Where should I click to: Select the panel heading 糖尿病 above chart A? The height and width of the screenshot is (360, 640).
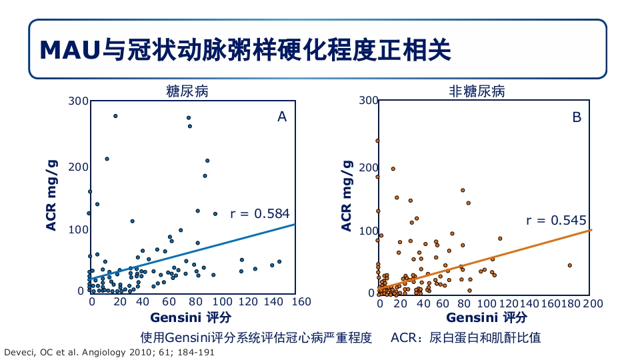tap(187, 91)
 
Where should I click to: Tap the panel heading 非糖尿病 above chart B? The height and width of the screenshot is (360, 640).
tap(477, 91)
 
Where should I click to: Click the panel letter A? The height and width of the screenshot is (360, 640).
tap(282, 117)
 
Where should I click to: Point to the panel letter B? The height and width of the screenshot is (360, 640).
tap(577, 117)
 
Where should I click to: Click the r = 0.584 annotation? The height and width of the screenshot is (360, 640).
tap(259, 213)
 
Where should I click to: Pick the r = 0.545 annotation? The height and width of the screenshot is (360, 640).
tap(556, 220)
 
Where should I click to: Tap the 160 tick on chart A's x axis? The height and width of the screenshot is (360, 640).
tap(302, 302)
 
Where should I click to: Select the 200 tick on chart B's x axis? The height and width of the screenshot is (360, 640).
tap(593, 303)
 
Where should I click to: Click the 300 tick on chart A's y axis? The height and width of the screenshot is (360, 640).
tap(79, 101)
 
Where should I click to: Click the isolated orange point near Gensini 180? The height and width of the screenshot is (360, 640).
tap(570, 265)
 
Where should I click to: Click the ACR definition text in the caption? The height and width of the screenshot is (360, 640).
tap(466, 337)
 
